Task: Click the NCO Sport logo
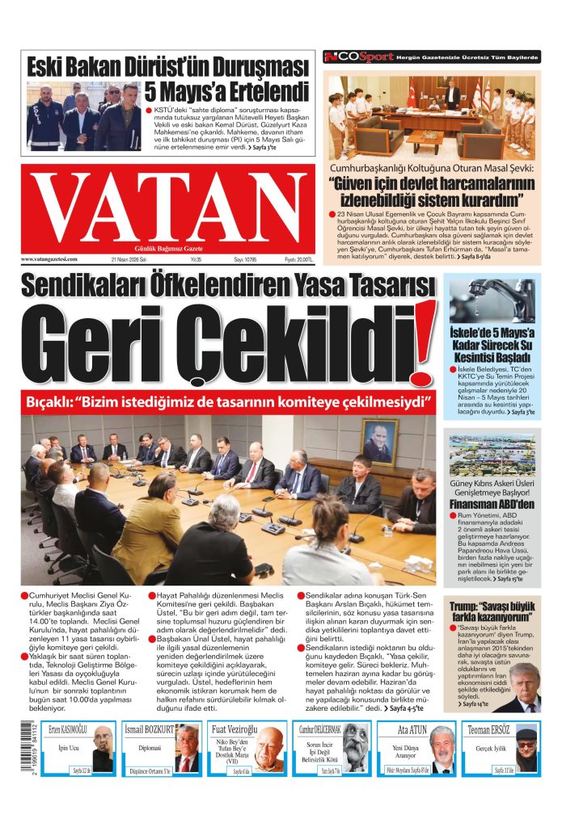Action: tap(358, 57)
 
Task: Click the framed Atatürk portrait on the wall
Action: tap(378, 441)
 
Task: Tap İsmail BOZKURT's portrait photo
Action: tap(186, 750)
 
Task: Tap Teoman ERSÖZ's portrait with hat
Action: tap(526, 750)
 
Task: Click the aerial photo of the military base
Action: tap(492, 456)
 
